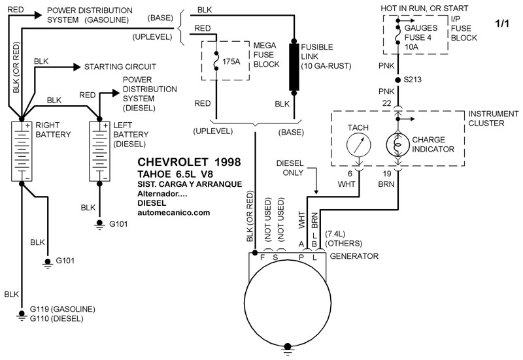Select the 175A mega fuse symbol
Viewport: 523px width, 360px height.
pos(216,61)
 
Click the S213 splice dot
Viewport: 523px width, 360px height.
pos(397,80)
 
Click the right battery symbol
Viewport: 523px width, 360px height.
pos(22,150)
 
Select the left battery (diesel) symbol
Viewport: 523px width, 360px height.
pos(99,150)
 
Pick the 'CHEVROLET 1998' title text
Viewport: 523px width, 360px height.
pos(190,162)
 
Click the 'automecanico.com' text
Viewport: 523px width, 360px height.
pos(175,212)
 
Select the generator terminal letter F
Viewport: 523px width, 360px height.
pos(262,257)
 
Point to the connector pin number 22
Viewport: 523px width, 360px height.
pos(388,103)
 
